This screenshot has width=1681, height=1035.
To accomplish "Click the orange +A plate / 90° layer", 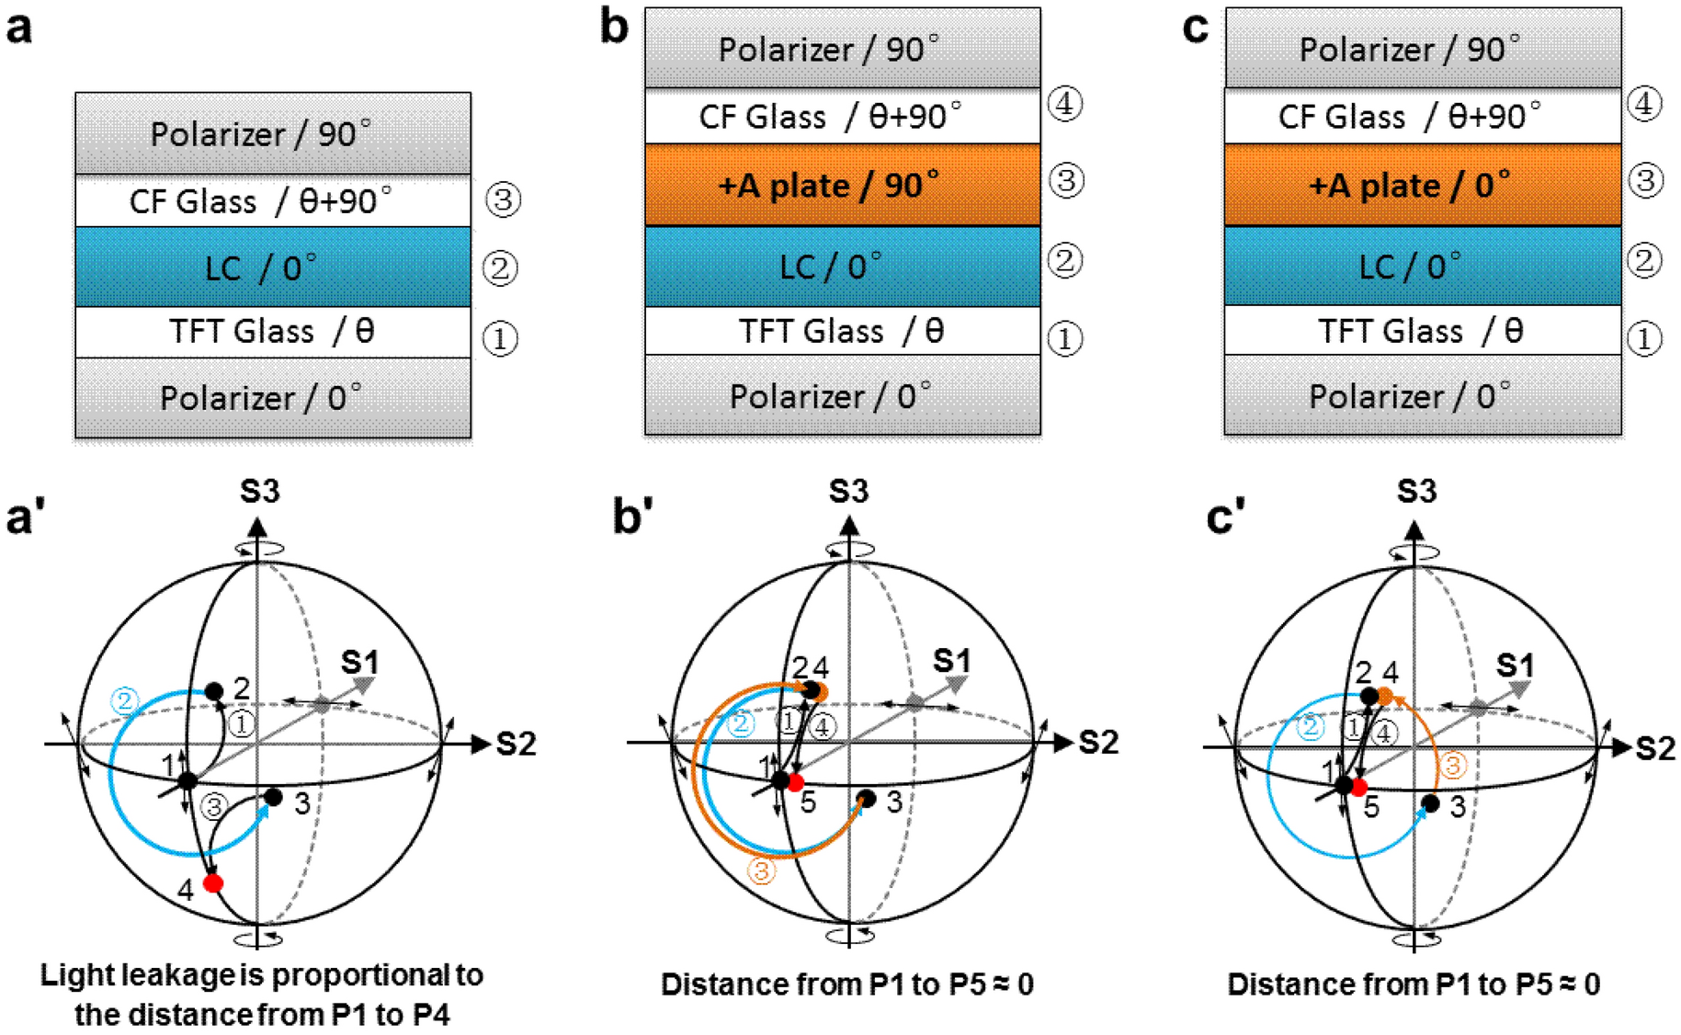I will [x=842, y=185].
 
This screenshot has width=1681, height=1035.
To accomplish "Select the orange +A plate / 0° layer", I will [x=1422, y=185].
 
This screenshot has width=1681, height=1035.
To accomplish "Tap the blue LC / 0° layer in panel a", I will [x=273, y=267].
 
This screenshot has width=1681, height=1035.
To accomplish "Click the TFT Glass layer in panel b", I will [x=842, y=331].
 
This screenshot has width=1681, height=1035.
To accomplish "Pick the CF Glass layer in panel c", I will [x=1422, y=117].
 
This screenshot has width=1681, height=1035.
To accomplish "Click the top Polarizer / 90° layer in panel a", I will [x=273, y=134].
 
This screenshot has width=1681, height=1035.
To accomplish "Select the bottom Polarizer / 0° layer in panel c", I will [x=1422, y=396].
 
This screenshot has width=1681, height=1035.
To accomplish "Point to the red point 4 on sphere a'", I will [x=213, y=883].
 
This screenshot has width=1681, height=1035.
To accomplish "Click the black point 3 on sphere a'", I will [x=273, y=797].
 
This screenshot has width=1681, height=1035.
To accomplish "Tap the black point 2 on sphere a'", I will [x=214, y=691].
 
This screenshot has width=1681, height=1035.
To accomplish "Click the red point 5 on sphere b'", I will [x=796, y=783].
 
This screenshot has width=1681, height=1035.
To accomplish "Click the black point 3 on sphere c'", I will [x=1430, y=803].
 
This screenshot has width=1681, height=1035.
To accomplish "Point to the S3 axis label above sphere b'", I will [x=848, y=492].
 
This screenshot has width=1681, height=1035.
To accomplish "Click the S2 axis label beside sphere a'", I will [x=516, y=744].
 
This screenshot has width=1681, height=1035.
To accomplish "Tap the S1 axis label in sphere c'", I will [x=1515, y=665].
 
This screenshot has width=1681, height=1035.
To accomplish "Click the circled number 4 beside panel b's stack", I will [x=1065, y=104].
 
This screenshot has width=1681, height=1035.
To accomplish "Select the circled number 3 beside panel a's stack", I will [x=503, y=199].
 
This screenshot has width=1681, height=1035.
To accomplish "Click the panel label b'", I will [x=633, y=517].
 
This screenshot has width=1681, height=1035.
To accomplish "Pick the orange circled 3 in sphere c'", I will [x=1452, y=766].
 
